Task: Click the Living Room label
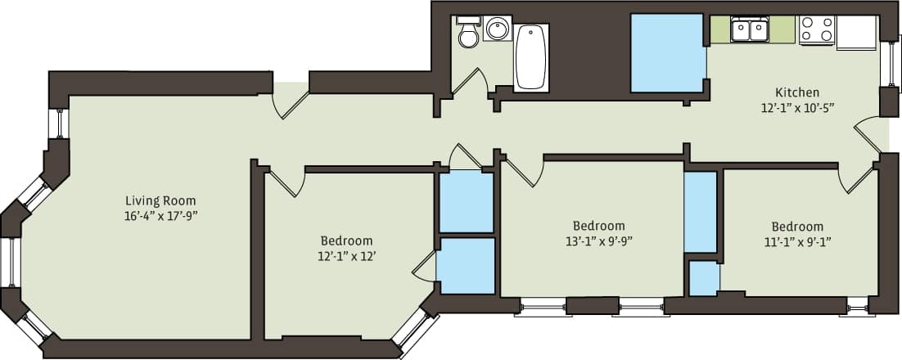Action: click(160, 200)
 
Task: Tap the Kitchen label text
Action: click(797, 92)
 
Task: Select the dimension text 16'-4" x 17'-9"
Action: click(160, 216)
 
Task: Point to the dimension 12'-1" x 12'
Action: click(346, 256)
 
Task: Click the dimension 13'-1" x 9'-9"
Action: click(598, 241)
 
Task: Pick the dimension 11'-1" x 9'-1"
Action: click(797, 241)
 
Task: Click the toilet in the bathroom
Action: click(469, 34)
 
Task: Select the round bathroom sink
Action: click(497, 29)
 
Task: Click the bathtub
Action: click(531, 57)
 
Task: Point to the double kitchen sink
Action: click(750, 30)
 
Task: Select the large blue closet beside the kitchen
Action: click(667, 53)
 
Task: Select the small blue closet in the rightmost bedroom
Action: click(704, 278)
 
